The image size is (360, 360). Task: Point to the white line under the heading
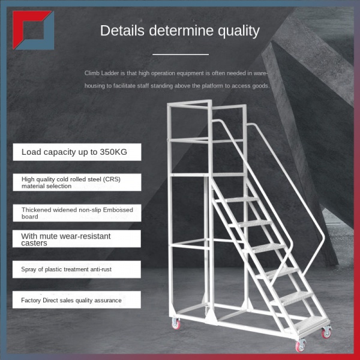(x=180, y=54)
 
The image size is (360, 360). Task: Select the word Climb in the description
(x=93, y=73)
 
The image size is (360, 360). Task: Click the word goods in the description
(x=260, y=86)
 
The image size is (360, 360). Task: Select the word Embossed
(x=118, y=209)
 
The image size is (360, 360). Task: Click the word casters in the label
(x=34, y=243)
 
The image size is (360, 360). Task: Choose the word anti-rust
(x=97, y=269)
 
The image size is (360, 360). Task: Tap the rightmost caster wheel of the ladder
(x=326, y=331)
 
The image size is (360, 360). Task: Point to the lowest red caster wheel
(x=300, y=346)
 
